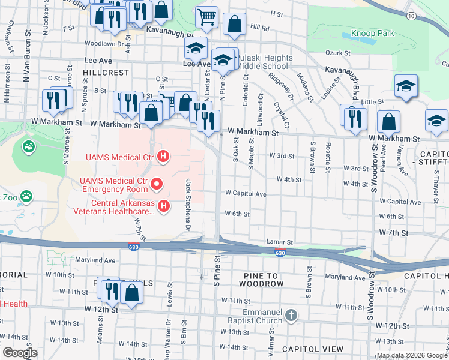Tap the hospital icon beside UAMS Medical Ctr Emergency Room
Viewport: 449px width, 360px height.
157,183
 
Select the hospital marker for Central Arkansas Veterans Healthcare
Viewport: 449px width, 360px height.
163,207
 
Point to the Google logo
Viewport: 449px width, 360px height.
19,353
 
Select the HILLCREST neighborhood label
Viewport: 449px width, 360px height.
107,72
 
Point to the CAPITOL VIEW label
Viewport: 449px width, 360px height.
312,349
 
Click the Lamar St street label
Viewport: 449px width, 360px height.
279,242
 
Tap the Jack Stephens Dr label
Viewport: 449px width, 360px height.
188,205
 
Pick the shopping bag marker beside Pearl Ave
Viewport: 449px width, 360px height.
389,122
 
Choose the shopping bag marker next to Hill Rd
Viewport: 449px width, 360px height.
234,25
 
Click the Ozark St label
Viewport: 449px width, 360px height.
337,53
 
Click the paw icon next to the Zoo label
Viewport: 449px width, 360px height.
26,196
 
